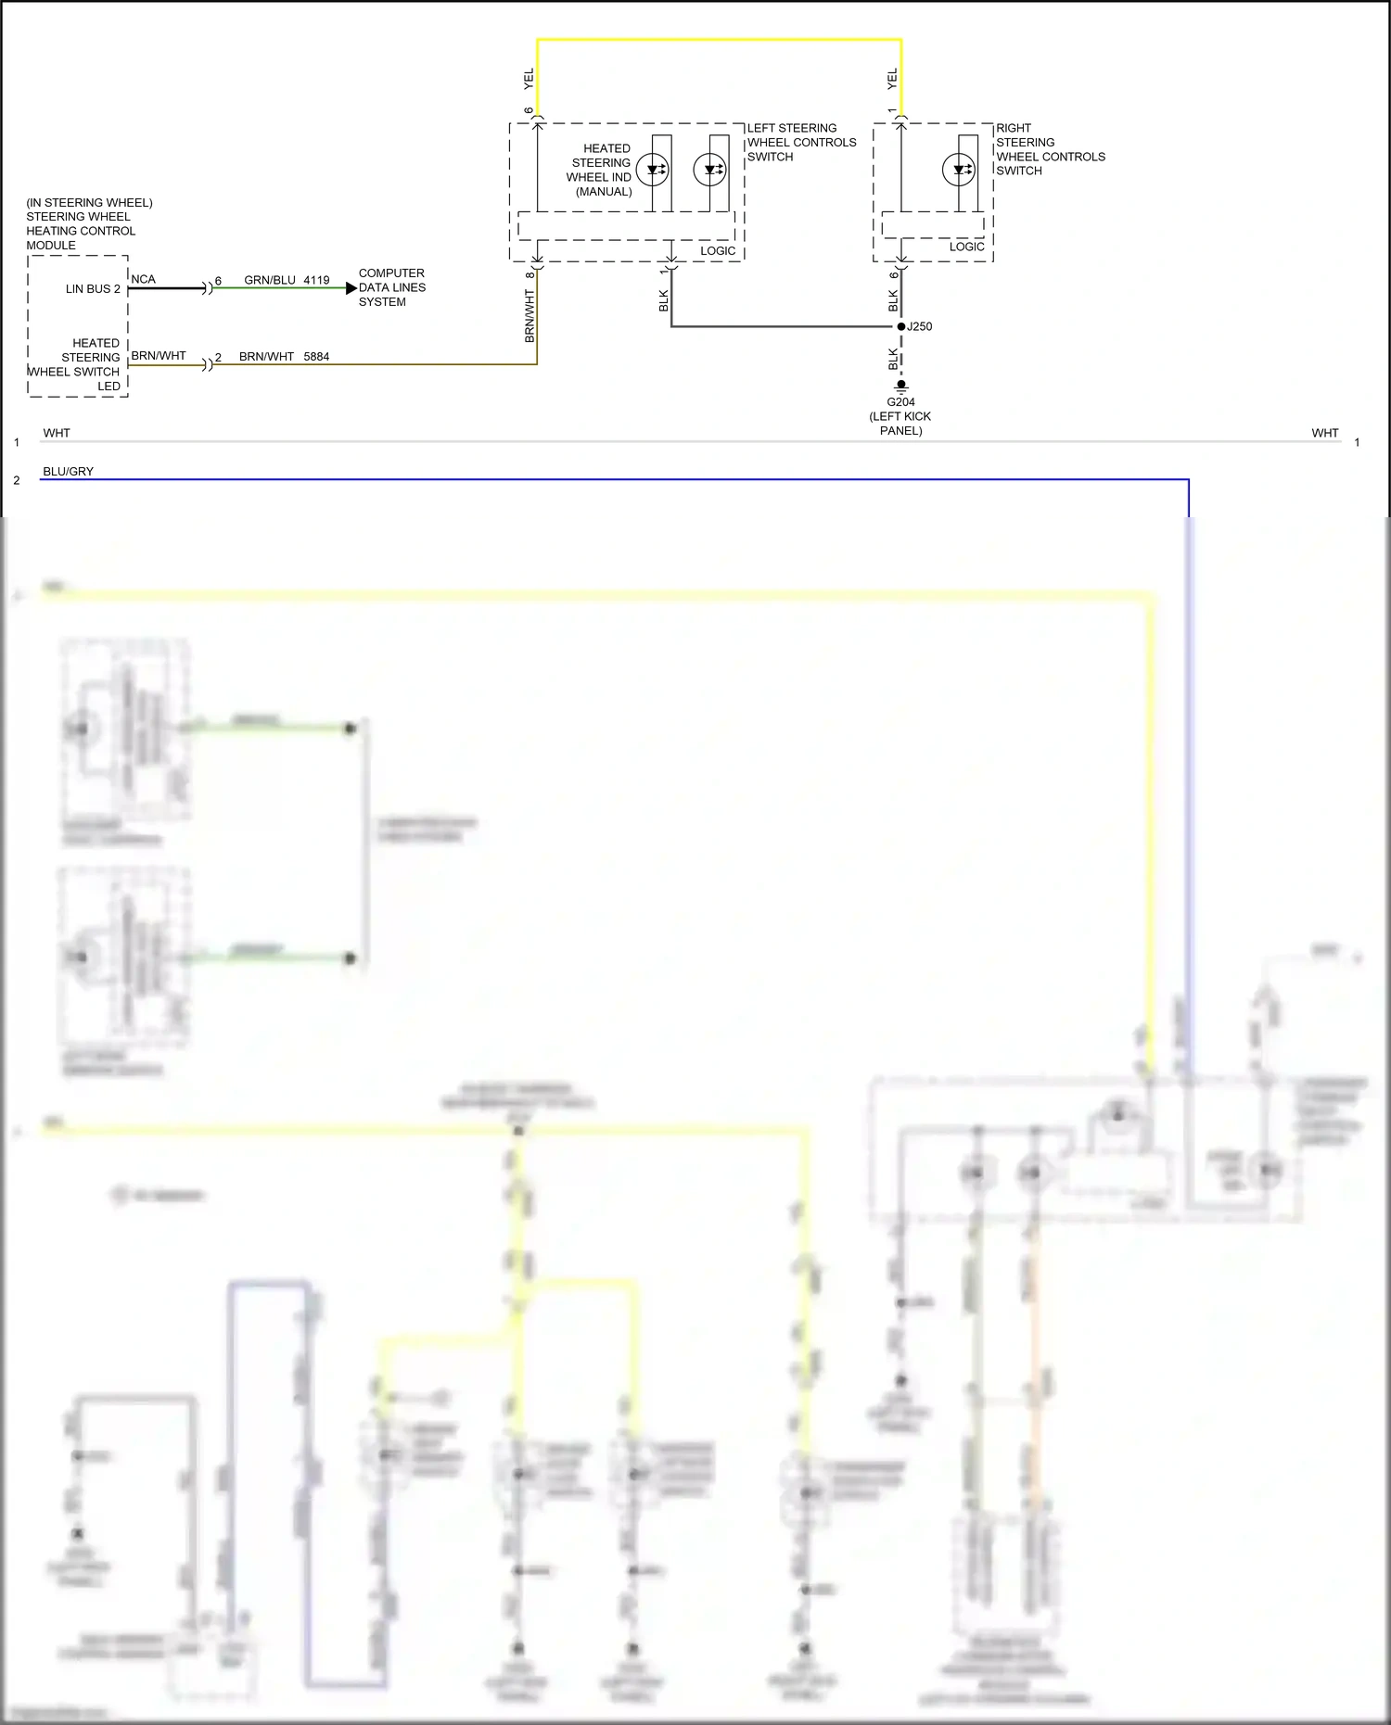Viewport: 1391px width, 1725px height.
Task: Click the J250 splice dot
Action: click(900, 326)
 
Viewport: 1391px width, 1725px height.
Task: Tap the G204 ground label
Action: click(900, 401)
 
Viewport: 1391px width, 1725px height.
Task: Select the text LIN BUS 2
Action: click(93, 288)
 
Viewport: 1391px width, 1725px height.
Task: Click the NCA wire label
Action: click(144, 279)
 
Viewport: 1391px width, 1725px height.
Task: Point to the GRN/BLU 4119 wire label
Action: click(287, 279)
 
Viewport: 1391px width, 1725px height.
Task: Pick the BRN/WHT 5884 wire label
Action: click(284, 356)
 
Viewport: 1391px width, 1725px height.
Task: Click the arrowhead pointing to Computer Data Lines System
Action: click(351, 288)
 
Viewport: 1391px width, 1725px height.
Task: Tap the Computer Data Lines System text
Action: click(391, 287)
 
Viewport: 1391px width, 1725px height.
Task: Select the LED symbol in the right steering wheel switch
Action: click(958, 170)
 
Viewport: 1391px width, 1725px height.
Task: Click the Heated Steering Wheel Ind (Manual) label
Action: click(600, 170)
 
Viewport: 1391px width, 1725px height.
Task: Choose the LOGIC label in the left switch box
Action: click(718, 250)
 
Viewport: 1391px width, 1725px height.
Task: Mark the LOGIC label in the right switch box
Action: click(966, 247)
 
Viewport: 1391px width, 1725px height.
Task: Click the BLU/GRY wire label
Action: click(68, 471)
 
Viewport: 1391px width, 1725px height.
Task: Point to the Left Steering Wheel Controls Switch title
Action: click(801, 142)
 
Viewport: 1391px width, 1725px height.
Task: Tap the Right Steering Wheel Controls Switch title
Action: click(1050, 149)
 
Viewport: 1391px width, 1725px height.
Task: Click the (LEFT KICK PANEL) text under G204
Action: click(900, 424)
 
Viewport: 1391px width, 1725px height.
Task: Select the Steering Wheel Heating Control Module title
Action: click(88, 223)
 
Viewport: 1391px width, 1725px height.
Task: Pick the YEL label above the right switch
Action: click(892, 79)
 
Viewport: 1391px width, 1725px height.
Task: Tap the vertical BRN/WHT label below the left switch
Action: click(530, 316)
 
